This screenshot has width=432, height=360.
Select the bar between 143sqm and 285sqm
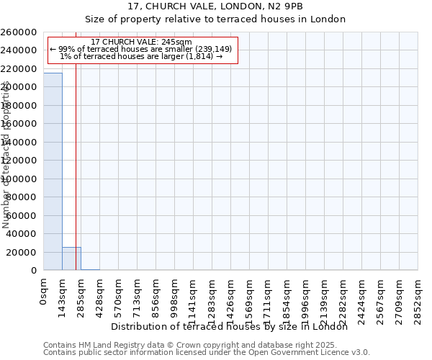(71, 258)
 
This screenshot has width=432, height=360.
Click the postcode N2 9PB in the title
(287, 6)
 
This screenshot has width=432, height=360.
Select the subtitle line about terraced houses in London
(215, 19)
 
